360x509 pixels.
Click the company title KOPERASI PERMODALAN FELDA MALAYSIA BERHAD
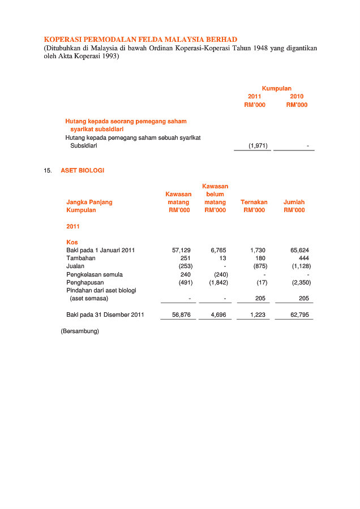140,40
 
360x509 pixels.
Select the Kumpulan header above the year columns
276,88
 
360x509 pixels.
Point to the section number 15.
48,170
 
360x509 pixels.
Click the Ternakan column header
254,202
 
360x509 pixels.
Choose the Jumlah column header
294,202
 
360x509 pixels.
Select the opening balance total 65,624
299,250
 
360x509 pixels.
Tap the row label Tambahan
80,258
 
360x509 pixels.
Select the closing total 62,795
299,314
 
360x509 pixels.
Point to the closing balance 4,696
218,314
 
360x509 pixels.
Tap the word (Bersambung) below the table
80,331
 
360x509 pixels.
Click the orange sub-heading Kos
72,242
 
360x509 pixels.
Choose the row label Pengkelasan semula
95,274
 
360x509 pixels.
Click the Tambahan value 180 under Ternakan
261,258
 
